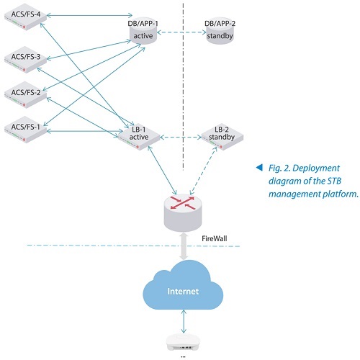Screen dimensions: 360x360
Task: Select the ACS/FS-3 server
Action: (25, 60)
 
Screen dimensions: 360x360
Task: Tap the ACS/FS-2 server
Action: (25, 95)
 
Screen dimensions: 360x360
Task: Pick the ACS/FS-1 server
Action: (25, 130)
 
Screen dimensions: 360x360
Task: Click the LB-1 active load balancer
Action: (139, 137)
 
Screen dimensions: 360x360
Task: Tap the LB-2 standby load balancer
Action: (222, 137)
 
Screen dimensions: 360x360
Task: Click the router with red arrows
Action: (183, 212)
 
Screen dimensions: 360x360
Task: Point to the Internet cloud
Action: (183, 286)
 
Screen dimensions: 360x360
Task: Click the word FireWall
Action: (214, 238)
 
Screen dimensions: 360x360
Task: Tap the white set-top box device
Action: (183, 342)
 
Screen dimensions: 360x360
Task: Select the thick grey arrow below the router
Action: (184, 246)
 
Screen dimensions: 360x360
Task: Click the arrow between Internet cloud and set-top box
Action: (184, 321)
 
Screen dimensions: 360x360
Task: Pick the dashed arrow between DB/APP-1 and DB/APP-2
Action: (181, 32)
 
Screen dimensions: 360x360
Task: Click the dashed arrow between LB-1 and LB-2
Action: (181, 138)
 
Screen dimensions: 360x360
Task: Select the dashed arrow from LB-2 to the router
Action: (203, 171)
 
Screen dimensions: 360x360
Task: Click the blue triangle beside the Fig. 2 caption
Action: (259, 167)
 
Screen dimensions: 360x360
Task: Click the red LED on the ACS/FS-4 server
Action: (24, 27)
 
